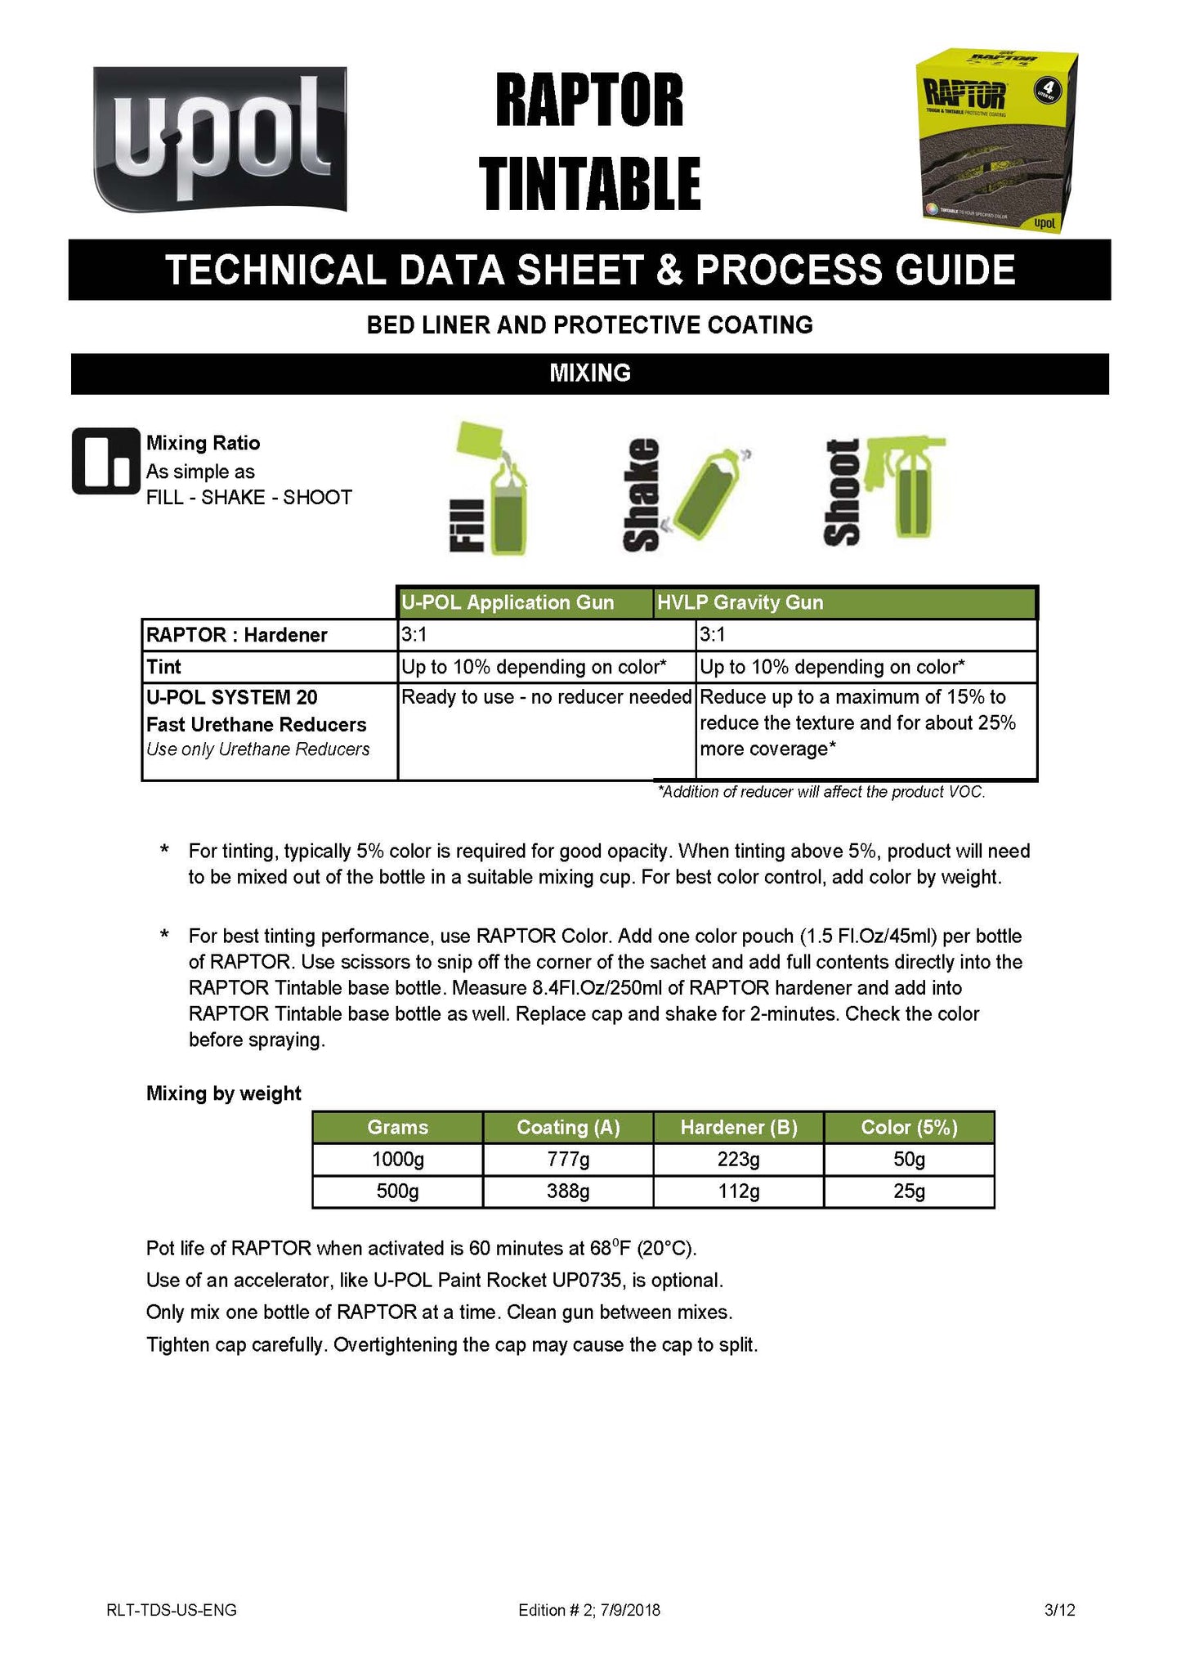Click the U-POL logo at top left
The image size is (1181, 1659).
[x=219, y=138]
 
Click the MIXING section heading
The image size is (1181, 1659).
[x=589, y=373]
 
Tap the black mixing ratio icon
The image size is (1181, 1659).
[x=105, y=461]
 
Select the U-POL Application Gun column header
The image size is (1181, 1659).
[x=525, y=603]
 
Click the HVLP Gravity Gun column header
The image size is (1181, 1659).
[x=844, y=603]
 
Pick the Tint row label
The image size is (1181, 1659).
[x=164, y=667]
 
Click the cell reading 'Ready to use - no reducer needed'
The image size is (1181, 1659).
[x=546, y=697]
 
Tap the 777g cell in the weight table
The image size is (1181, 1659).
[x=568, y=1159]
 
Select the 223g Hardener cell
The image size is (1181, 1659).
[x=738, y=1159]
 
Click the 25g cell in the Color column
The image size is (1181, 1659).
[x=909, y=1191]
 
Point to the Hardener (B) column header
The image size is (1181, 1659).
[x=738, y=1128]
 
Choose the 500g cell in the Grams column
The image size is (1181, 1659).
[x=397, y=1191]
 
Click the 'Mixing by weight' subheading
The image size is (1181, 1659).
[x=223, y=1093]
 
